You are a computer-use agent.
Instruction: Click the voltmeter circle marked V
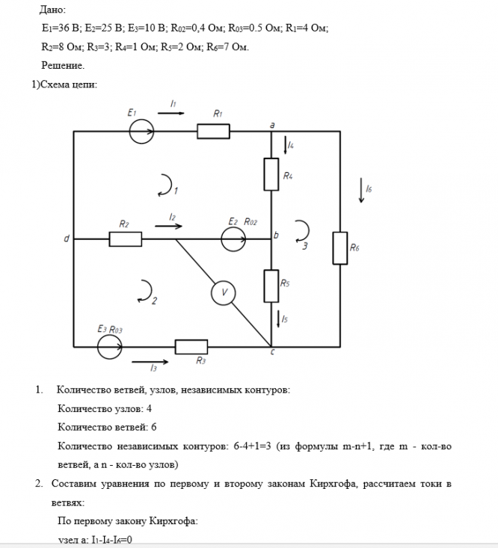221,293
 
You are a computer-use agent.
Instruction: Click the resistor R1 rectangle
213,132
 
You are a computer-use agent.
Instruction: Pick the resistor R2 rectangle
125,239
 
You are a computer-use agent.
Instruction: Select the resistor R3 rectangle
191,347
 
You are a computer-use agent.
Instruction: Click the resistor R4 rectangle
271,174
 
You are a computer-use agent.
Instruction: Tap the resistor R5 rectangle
271,285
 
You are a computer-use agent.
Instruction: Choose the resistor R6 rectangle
339,247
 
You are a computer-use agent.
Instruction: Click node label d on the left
67,239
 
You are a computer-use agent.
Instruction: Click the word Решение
63,65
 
